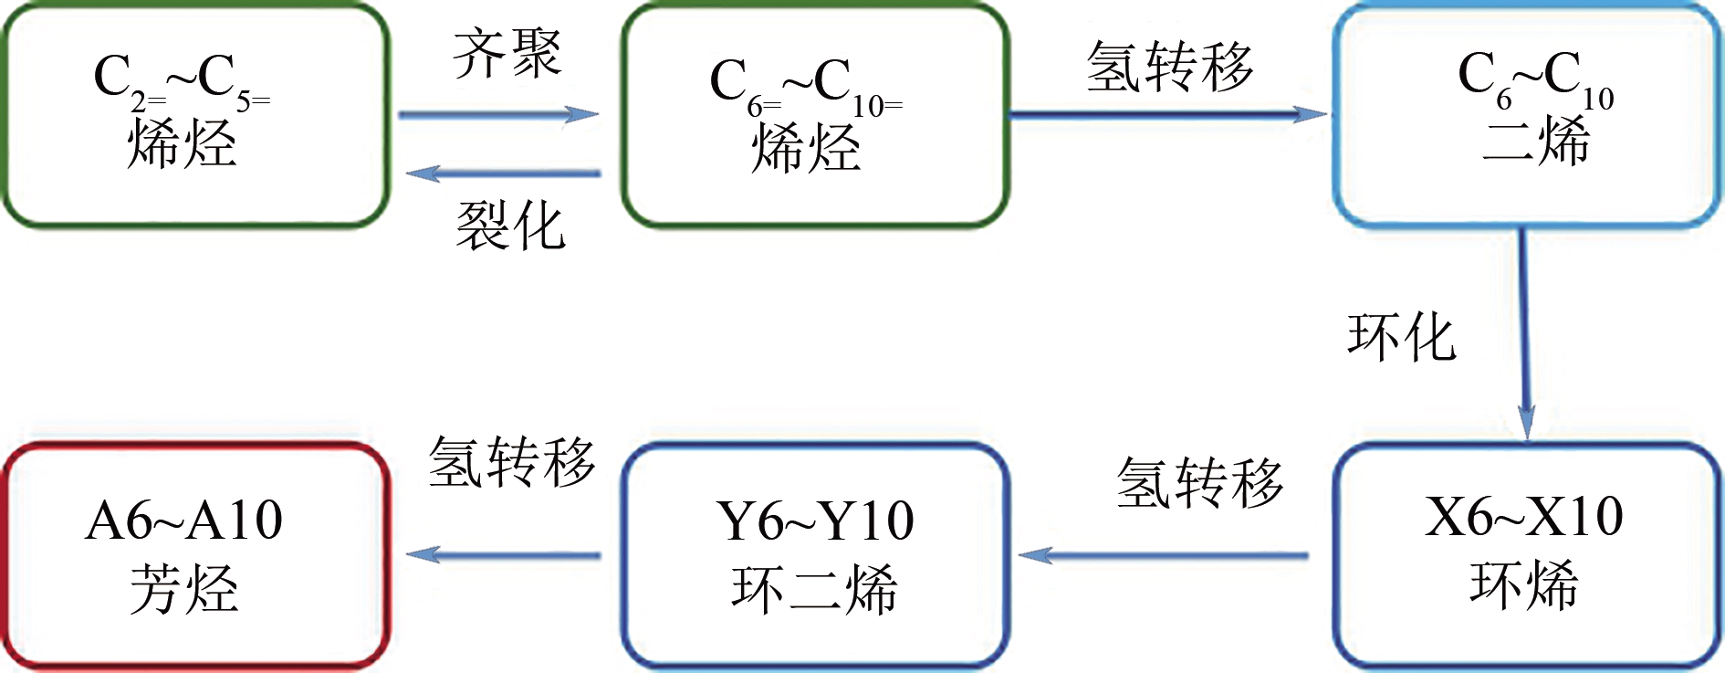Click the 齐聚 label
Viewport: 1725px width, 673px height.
tap(507, 53)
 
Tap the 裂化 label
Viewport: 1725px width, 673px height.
tap(510, 226)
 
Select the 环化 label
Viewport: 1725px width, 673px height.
tap(1401, 337)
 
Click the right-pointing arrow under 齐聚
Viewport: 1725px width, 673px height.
tap(498, 115)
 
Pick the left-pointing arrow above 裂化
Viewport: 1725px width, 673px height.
tap(503, 173)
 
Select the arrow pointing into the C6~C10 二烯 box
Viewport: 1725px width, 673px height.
tap(1168, 115)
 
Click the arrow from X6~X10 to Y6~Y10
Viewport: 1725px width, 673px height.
tap(1164, 555)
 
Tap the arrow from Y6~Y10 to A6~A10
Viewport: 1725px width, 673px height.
tap(503, 554)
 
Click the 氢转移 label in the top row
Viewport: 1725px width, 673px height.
tap(1170, 67)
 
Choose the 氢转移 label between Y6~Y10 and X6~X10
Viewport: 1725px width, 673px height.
tap(1199, 482)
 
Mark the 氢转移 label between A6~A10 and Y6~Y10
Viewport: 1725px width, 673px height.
tap(512, 461)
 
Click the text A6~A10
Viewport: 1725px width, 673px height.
tap(183, 521)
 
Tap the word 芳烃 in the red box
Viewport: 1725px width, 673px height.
tap(183, 589)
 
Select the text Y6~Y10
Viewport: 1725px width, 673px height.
tap(814, 521)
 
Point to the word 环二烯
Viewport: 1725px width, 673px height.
tap(814, 589)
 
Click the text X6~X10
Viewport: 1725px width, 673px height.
tap(1523, 517)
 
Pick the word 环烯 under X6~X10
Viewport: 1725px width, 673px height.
tap(1523, 584)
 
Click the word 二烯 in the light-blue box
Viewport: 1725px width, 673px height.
tap(1535, 142)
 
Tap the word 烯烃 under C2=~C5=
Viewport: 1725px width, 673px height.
tap(182, 144)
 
